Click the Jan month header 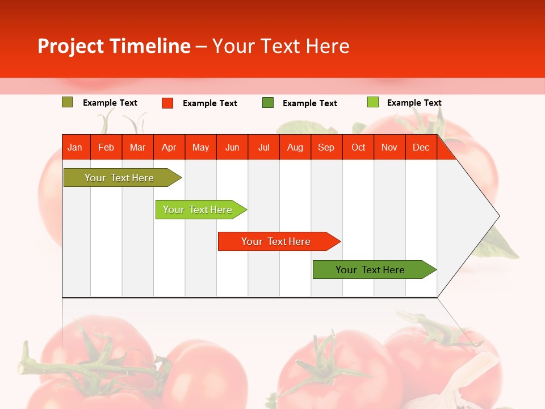pos(75,148)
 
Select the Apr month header pos(169,148)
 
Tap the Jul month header pos(263,148)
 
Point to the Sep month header pos(326,148)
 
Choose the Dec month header pos(421,148)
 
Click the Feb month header pos(106,148)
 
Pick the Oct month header pos(358,148)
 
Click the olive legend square pos(67,102)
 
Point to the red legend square pos(167,103)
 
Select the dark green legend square pos(268,103)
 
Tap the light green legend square pos(372,102)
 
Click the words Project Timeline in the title pos(114,46)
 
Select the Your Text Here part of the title pos(280,46)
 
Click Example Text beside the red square pos(209,103)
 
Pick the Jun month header pos(232,148)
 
